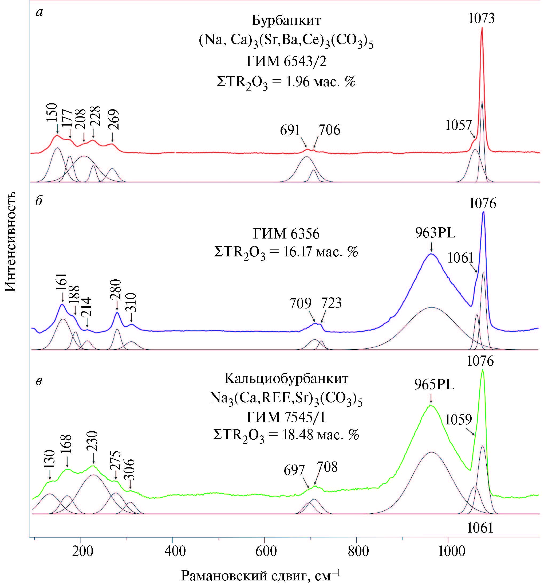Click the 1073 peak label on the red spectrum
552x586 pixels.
pos(481,18)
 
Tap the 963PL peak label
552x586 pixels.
pos(435,233)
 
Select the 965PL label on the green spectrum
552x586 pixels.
pos(435,384)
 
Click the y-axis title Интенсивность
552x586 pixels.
pos(11,242)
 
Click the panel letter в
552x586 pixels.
pos(39,381)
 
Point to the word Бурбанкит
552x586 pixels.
pos(286,20)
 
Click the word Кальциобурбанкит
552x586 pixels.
pos(286,378)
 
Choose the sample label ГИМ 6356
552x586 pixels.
pos(286,234)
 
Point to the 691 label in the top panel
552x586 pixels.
pos(290,130)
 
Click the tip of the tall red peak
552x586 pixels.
pos(482,28)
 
